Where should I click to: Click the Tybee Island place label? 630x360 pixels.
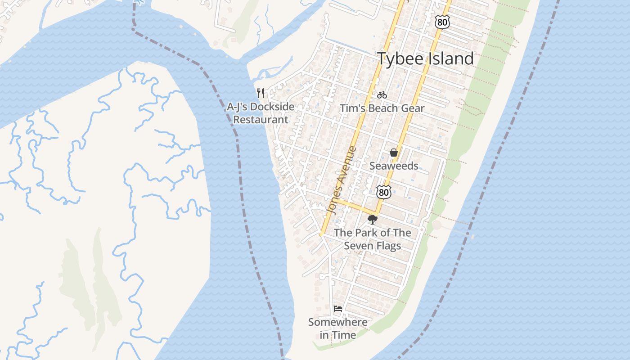click(x=425, y=59)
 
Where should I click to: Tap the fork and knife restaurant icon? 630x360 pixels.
click(x=261, y=93)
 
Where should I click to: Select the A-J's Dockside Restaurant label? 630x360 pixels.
click(x=261, y=113)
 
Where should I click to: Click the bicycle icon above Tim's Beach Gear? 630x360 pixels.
click(x=382, y=95)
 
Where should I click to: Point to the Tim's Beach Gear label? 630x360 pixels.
click(x=382, y=108)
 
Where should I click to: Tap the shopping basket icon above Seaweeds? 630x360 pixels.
click(x=394, y=153)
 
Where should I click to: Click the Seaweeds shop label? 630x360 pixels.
click(x=394, y=166)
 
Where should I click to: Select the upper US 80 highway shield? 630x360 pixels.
click(x=442, y=22)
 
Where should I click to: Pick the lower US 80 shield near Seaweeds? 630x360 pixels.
click(x=383, y=192)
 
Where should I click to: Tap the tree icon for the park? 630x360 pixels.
click(x=372, y=220)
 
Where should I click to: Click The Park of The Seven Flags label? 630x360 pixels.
click(x=373, y=239)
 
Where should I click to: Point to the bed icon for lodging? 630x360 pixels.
click(x=338, y=309)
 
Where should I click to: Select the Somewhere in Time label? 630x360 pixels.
click(x=338, y=328)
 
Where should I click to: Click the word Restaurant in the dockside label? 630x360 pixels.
click(x=261, y=120)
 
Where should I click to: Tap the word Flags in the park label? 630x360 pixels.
click(x=389, y=246)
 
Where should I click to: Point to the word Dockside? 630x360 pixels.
click(x=272, y=107)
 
